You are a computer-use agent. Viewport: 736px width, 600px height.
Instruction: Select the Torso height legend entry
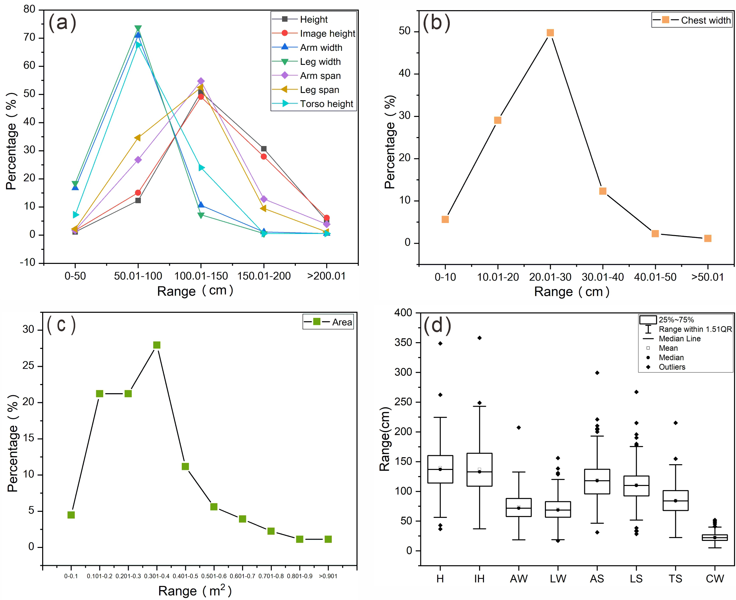click(x=326, y=104)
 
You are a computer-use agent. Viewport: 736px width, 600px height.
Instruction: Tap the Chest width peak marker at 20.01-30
click(x=550, y=33)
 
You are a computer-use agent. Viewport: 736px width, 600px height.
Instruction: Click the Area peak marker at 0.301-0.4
click(x=157, y=345)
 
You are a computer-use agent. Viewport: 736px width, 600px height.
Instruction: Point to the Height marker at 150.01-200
click(x=264, y=149)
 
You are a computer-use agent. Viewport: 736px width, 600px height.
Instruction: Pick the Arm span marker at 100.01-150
click(x=201, y=81)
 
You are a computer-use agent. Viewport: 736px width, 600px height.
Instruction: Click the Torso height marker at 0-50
click(x=76, y=215)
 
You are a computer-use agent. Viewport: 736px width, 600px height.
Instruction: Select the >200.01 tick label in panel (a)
click(x=326, y=276)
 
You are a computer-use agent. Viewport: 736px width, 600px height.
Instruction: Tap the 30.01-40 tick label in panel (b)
click(x=602, y=277)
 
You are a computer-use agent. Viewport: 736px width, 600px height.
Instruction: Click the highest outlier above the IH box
click(x=479, y=338)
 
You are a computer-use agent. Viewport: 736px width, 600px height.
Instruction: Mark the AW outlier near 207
click(x=518, y=427)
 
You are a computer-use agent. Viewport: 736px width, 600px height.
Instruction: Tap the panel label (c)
click(x=61, y=325)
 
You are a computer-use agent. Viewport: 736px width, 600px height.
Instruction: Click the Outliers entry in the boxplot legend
click(x=671, y=367)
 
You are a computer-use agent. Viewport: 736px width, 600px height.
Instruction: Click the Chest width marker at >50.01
click(x=707, y=238)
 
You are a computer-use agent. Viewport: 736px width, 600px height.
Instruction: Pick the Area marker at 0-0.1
click(x=71, y=515)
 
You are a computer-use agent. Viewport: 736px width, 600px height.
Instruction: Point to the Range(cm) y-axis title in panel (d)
click(x=385, y=439)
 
